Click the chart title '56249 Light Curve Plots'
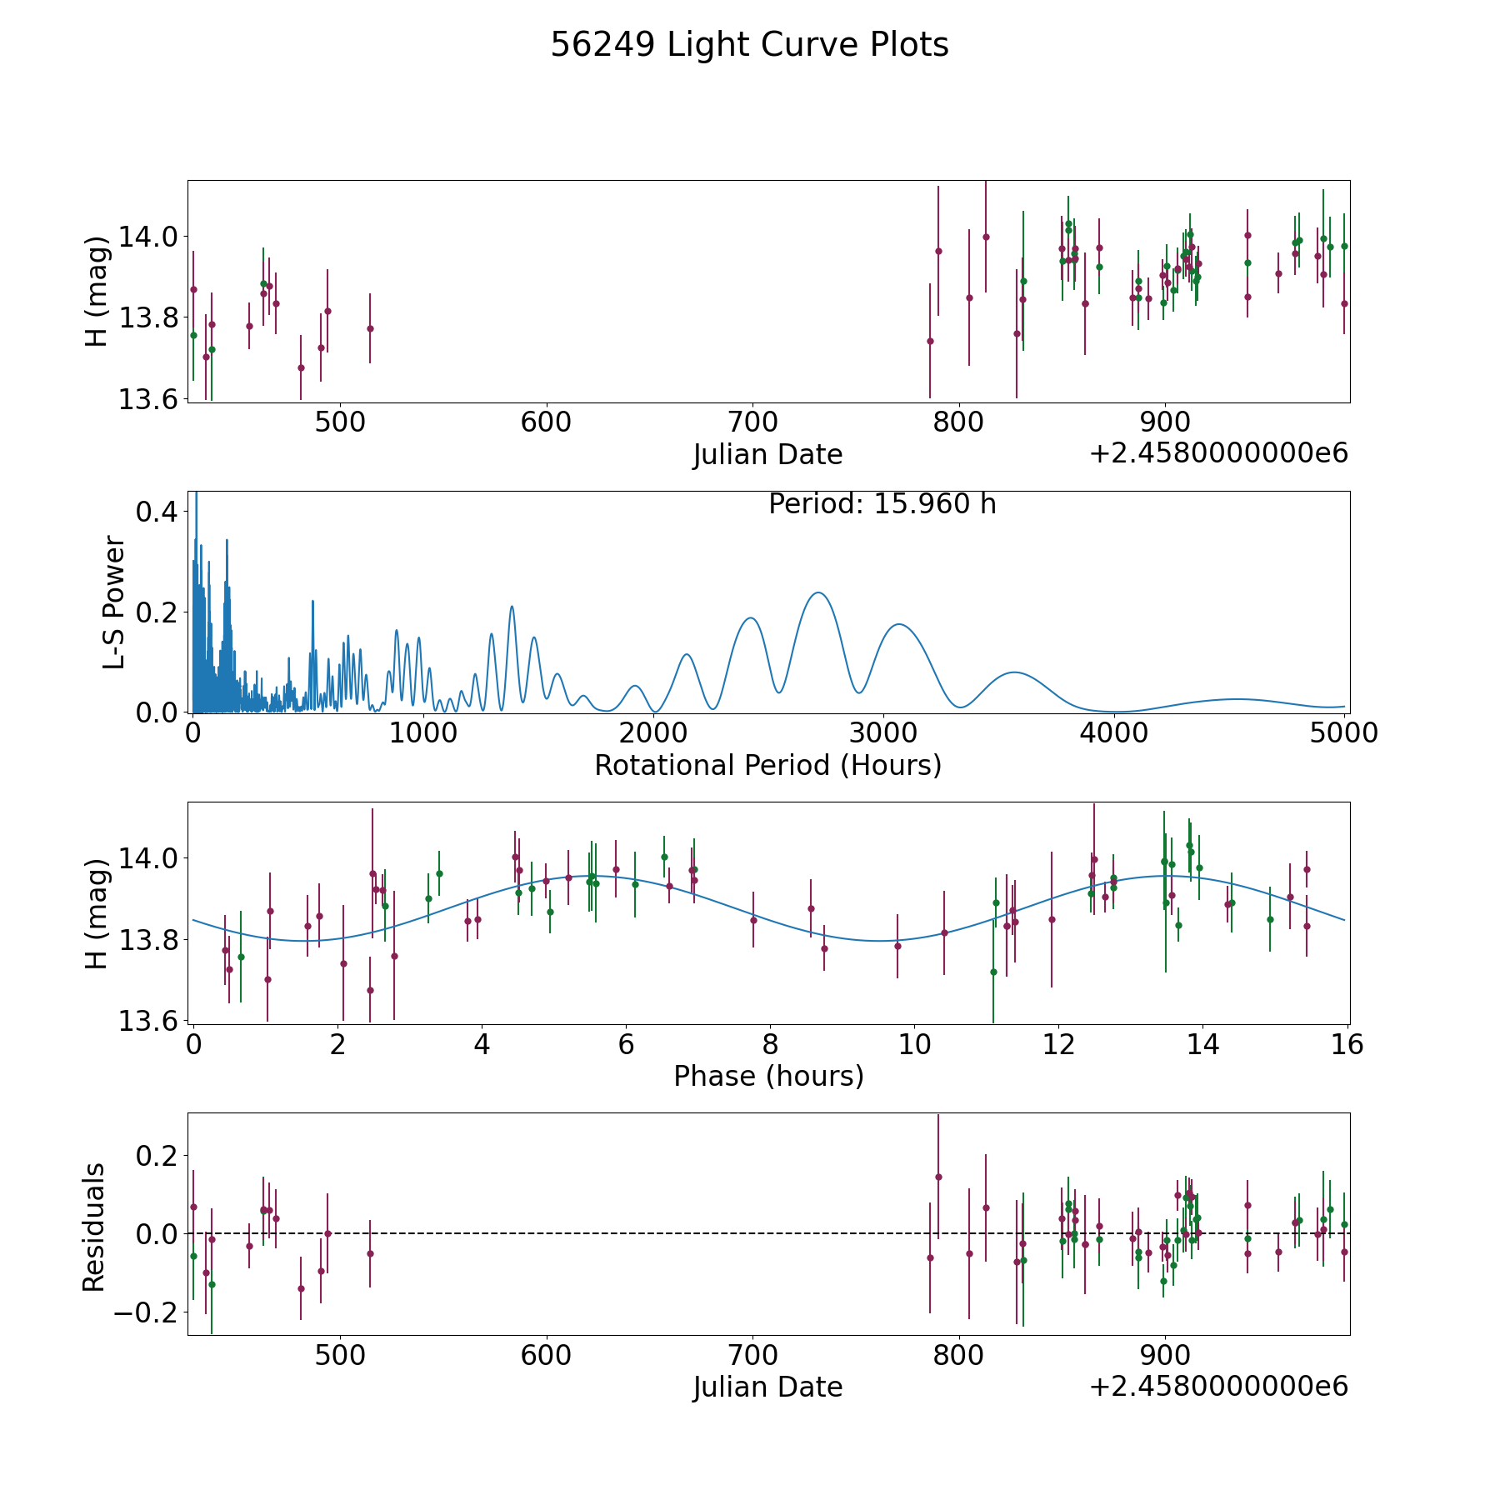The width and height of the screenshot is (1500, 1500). [x=749, y=45]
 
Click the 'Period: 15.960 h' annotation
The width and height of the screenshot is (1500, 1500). [x=882, y=504]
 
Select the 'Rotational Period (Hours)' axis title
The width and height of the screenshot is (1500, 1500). [x=767, y=765]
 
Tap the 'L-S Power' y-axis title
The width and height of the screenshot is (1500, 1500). [x=114, y=602]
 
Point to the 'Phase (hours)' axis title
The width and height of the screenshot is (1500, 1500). [x=768, y=1076]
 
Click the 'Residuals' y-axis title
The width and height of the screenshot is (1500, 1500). [x=94, y=1227]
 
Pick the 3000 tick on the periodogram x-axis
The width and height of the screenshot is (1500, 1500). [x=883, y=733]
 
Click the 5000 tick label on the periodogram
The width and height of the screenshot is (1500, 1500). [x=1343, y=733]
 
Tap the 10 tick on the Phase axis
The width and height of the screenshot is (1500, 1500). [x=914, y=1044]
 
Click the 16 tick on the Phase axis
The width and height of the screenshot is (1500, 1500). [x=1347, y=1044]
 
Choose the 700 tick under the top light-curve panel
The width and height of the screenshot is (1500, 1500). [x=752, y=422]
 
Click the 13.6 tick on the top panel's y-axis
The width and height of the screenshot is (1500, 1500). [x=147, y=400]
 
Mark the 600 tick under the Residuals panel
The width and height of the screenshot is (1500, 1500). [x=546, y=1356]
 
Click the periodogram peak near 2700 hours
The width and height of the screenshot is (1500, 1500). [x=818, y=592]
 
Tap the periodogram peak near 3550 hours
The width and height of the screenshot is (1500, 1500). [x=1012, y=672]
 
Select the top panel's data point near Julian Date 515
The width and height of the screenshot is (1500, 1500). [x=370, y=328]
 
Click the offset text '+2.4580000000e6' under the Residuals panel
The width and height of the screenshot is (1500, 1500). [x=1218, y=1387]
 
